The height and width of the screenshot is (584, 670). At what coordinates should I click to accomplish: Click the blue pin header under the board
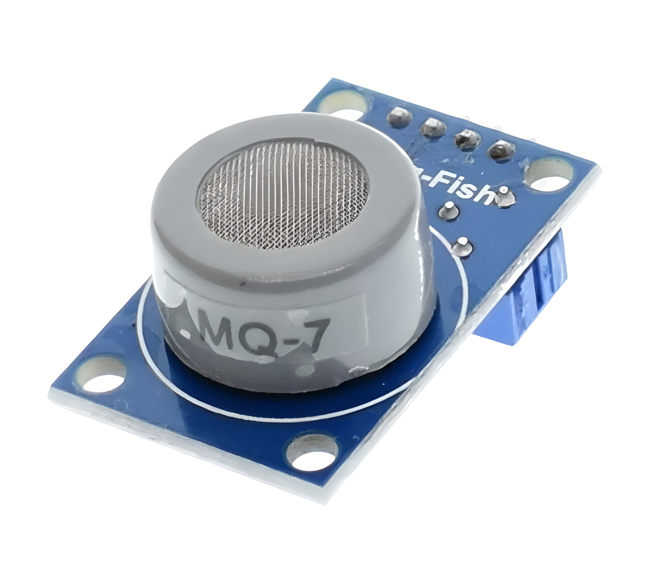click(541, 287)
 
